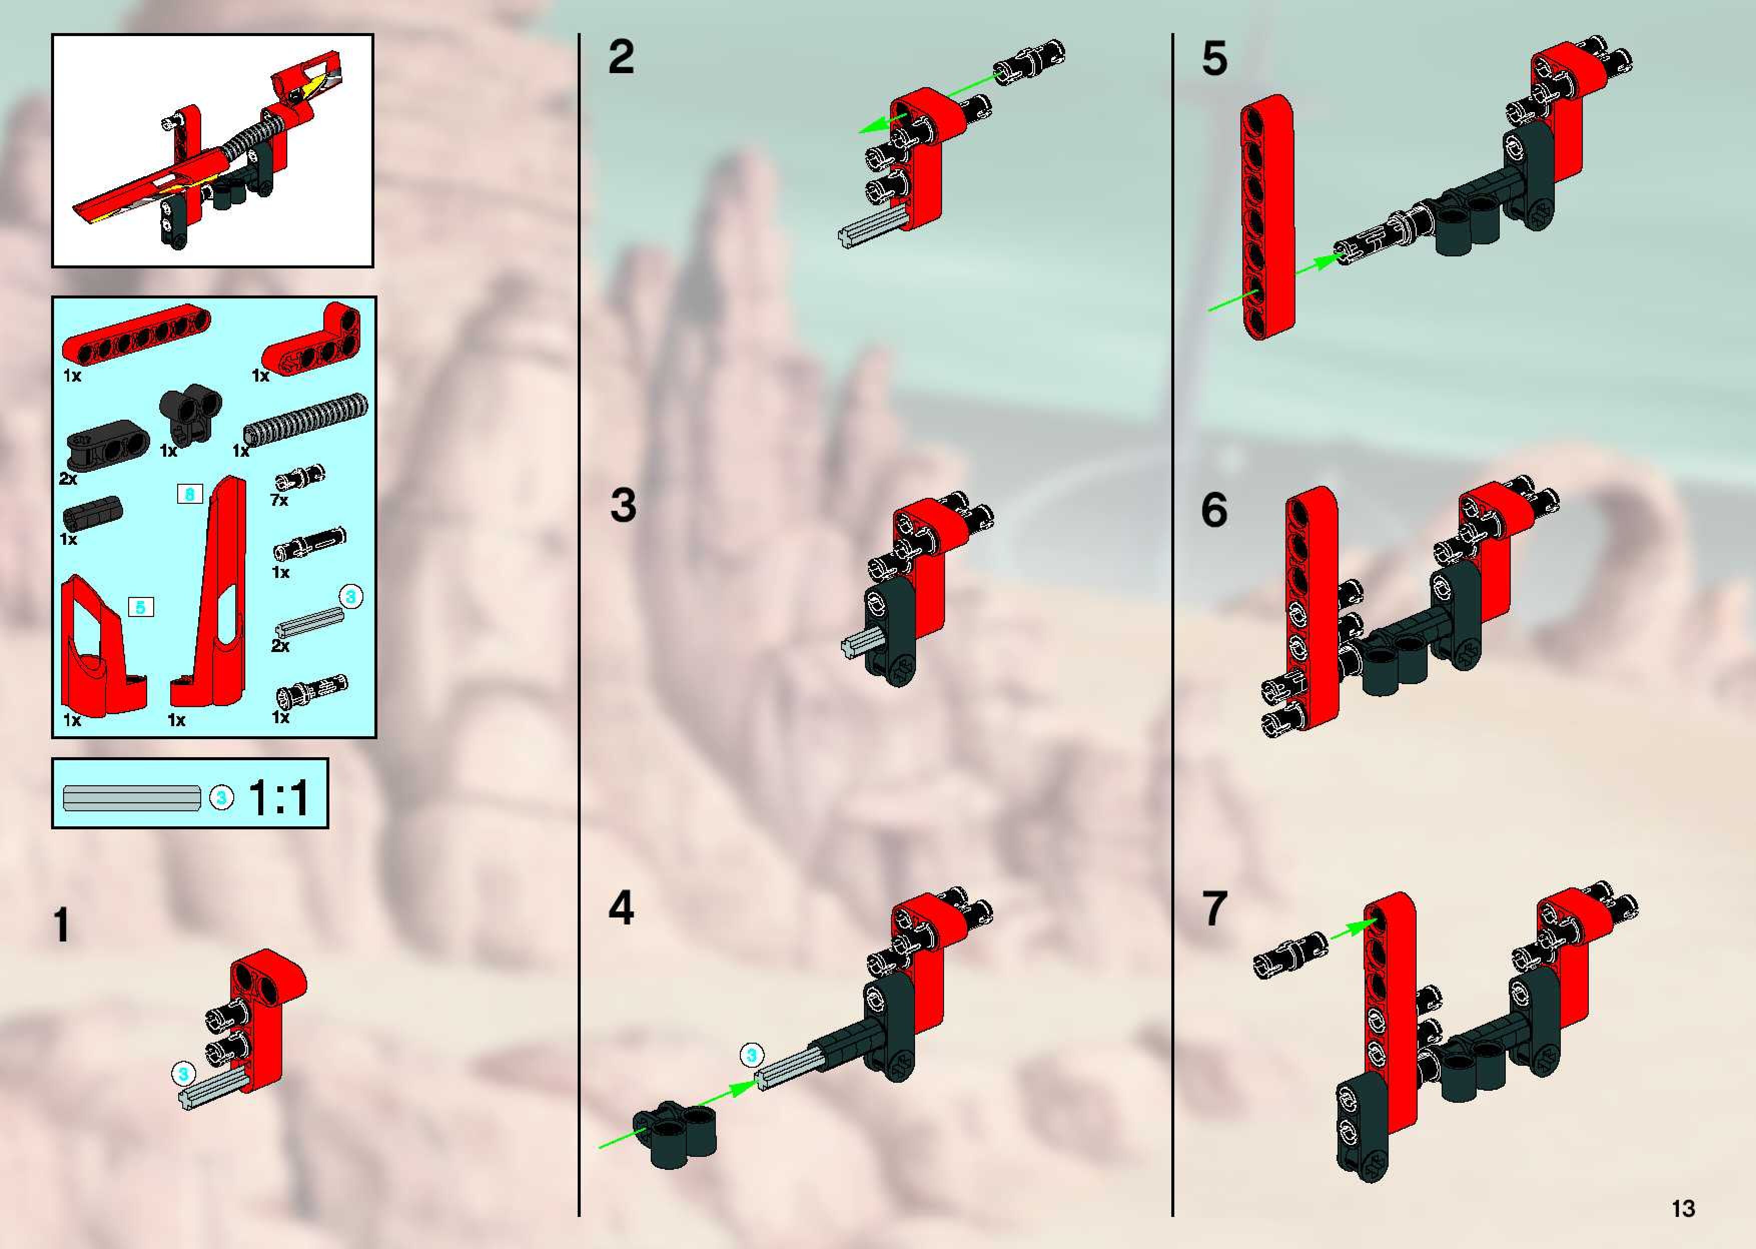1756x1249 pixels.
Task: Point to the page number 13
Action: pyautogui.click(x=1683, y=1208)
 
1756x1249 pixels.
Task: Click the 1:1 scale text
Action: pyautogui.click(x=278, y=798)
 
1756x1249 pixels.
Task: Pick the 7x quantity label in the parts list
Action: pyautogui.click(x=279, y=500)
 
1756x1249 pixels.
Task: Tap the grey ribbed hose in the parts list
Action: pyautogui.click(x=305, y=419)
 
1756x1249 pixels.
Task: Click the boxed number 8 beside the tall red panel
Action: pyautogui.click(x=189, y=494)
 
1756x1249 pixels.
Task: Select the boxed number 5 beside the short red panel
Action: pyautogui.click(x=140, y=607)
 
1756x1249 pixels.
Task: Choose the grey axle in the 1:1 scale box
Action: pyautogui.click(x=132, y=798)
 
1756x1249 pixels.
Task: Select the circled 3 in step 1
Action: pyautogui.click(x=183, y=1074)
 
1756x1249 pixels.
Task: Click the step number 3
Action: pyautogui.click(x=623, y=505)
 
